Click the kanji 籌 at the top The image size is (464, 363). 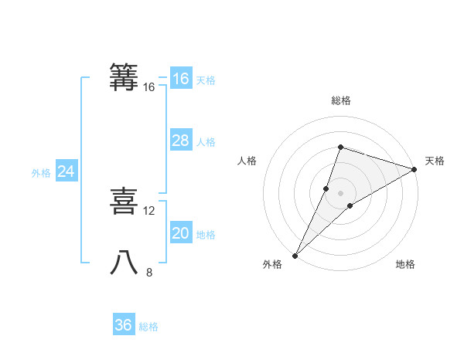(125, 77)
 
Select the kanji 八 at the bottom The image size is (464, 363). (125, 263)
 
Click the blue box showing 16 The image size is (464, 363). (180, 79)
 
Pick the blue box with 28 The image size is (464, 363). (180, 141)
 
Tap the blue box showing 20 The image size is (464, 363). (180, 233)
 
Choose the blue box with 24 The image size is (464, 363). (67, 171)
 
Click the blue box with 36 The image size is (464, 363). (124, 325)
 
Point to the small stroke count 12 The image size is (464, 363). (149, 211)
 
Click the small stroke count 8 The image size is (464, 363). (149, 272)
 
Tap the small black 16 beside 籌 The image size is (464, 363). (149, 87)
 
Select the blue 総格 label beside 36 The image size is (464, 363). (148, 327)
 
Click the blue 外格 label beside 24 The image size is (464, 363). (41, 173)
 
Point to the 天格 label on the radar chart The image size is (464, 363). (435, 161)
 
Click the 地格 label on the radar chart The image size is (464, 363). (405, 264)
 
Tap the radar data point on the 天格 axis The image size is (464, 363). (415, 169)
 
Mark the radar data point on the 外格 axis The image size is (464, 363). (295, 256)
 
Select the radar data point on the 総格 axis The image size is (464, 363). (340, 147)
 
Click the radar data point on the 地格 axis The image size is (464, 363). (350, 205)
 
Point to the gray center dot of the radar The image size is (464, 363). (340, 193)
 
